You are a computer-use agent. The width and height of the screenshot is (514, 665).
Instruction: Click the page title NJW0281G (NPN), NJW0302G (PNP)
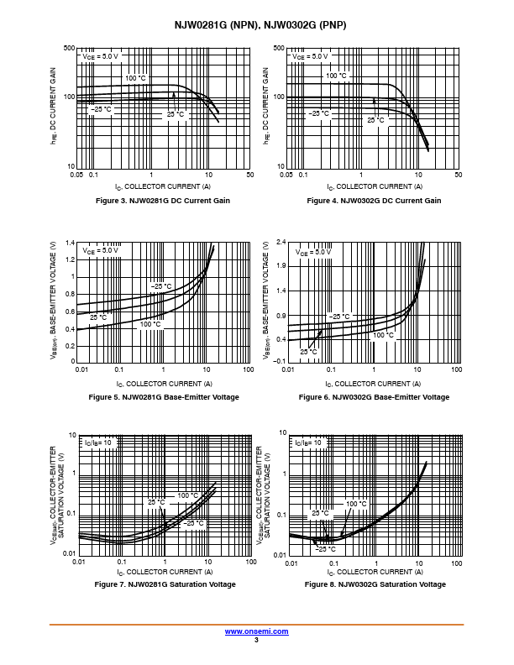(x=257, y=25)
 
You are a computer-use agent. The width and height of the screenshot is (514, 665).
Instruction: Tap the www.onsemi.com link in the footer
(x=257, y=631)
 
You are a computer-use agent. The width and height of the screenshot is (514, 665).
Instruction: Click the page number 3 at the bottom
(x=257, y=641)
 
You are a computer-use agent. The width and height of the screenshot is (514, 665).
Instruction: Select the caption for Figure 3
(x=164, y=201)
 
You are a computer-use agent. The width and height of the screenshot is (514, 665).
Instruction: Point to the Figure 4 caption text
(x=374, y=201)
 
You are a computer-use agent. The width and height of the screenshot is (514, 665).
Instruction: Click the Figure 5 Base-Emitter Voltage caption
(x=164, y=396)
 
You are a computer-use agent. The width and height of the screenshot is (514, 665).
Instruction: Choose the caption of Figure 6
(x=374, y=396)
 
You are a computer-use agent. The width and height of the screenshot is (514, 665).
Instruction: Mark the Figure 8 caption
(x=374, y=584)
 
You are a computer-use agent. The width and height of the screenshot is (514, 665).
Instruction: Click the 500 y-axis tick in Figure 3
(x=69, y=49)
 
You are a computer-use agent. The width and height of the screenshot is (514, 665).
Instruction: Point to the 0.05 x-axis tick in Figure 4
(x=286, y=175)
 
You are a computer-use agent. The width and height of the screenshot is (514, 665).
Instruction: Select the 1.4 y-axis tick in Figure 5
(x=70, y=243)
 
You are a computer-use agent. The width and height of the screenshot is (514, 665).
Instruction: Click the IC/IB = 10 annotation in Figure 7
(x=97, y=442)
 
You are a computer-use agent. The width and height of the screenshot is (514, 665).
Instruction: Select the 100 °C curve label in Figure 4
(x=336, y=76)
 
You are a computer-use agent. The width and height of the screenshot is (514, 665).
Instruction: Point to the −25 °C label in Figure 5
(x=160, y=286)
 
